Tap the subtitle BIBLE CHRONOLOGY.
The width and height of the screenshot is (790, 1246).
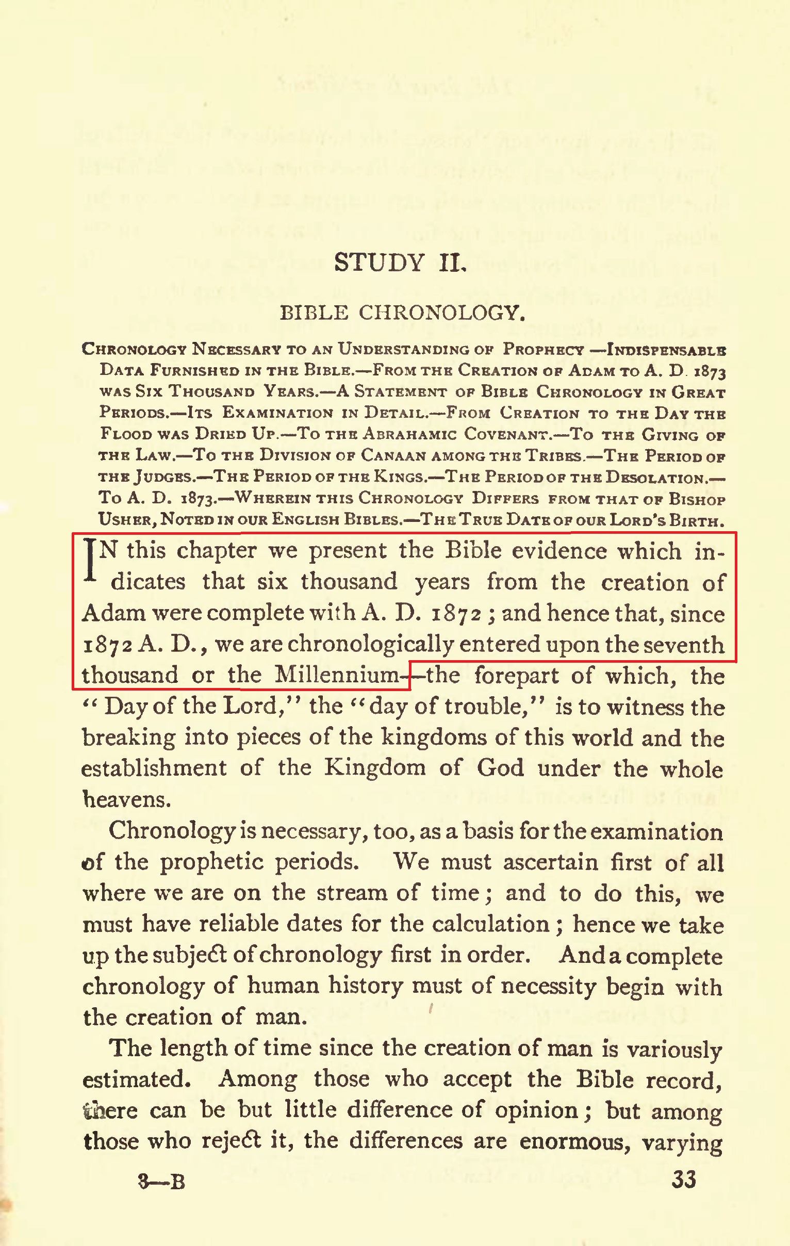[x=403, y=313]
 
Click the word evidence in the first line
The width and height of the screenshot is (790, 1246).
[x=559, y=551]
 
